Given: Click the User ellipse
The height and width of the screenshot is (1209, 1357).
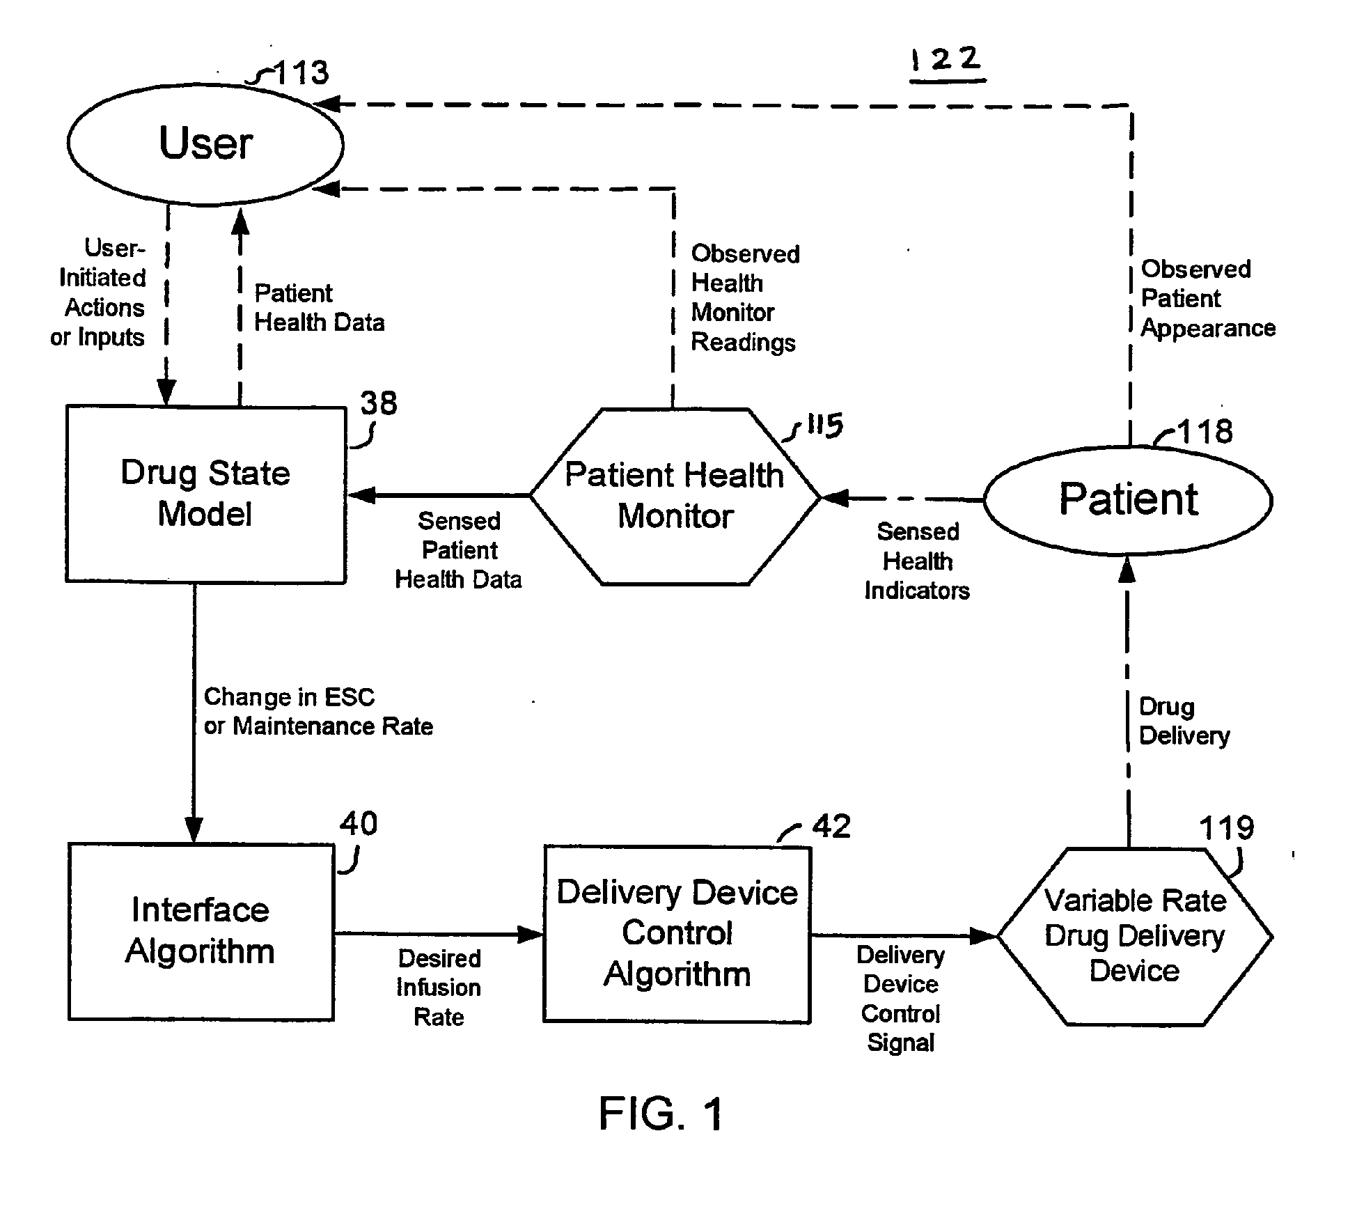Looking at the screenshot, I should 205,144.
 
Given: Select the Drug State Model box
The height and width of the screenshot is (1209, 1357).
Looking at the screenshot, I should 205,494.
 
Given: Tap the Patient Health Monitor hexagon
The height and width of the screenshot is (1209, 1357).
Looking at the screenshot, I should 675,496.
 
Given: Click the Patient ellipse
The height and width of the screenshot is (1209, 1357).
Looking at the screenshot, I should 1128,499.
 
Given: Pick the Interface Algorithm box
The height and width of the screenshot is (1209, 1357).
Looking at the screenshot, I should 201,931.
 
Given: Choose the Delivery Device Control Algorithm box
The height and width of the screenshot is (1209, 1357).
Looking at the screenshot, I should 677,934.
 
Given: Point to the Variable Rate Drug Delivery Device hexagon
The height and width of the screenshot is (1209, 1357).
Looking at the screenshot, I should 1135,936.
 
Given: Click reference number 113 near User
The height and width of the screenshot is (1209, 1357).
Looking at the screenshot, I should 301,73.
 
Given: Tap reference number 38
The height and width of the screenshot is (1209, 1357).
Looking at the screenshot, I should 379,403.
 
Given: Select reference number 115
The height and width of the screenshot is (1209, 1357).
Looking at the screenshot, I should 824,426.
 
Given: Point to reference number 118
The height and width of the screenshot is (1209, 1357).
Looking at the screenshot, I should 1205,432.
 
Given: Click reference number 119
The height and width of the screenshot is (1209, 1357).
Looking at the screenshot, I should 1226,828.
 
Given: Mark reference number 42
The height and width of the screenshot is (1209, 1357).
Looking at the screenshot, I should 831,827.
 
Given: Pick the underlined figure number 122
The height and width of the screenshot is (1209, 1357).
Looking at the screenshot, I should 947,61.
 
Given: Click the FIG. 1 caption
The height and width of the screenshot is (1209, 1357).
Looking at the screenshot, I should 661,1113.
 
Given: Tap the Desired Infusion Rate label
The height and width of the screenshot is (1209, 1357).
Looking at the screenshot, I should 439,988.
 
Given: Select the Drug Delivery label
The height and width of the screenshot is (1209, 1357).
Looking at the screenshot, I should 1184,721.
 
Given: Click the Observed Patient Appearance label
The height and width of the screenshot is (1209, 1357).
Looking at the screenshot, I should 1207,299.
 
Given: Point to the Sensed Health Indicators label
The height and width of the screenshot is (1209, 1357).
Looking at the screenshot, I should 917,561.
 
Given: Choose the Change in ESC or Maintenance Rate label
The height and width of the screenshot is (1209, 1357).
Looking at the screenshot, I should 318,712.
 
